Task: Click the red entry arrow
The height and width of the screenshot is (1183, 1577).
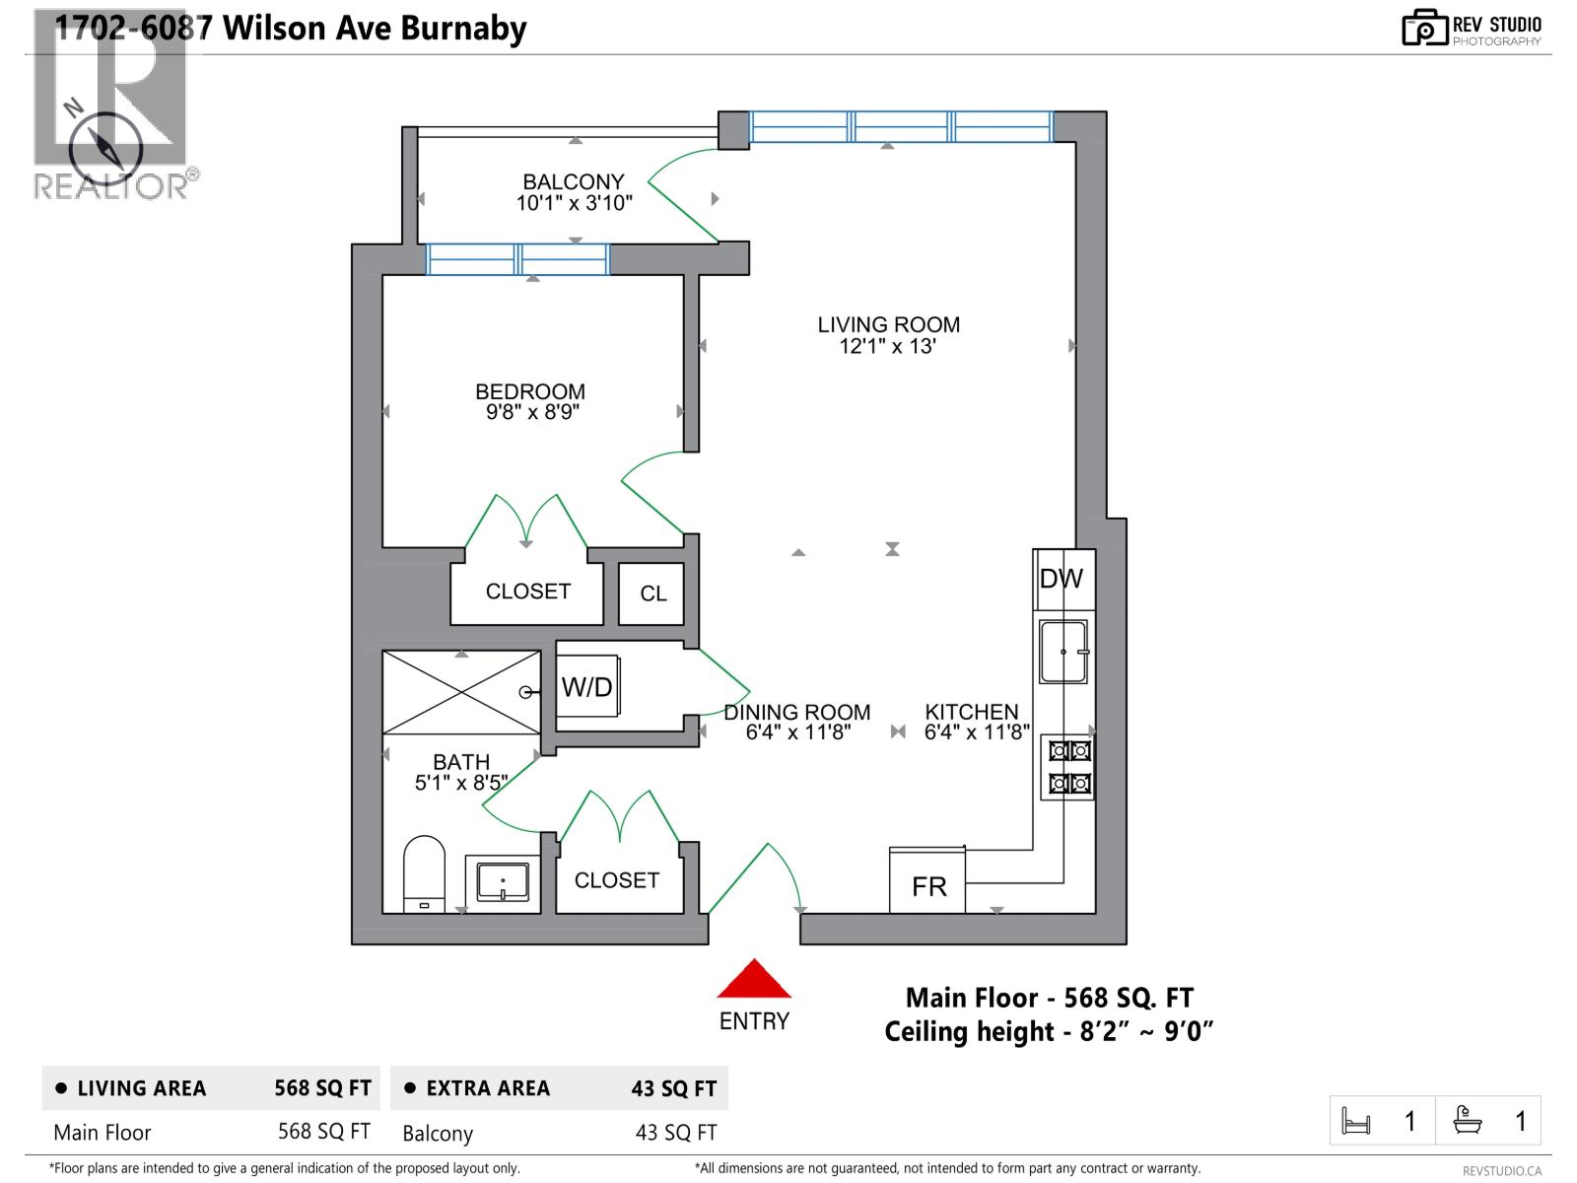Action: click(x=754, y=979)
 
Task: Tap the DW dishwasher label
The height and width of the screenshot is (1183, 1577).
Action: click(x=1062, y=580)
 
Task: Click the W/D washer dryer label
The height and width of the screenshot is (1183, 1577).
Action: click(x=587, y=687)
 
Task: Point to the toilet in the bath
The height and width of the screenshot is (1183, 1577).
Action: click(x=425, y=873)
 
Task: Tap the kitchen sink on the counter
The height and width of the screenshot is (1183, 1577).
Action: click(x=1063, y=652)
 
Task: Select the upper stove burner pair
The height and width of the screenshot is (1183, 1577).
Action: click(x=1069, y=751)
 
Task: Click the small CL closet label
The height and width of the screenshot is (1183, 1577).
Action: click(x=652, y=593)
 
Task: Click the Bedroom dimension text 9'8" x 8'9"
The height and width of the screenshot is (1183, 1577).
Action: click(x=532, y=413)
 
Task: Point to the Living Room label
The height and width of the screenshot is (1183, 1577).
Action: click(x=888, y=324)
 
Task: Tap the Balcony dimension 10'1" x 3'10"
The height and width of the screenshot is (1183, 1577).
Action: click(x=574, y=203)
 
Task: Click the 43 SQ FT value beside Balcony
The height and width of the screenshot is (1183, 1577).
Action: click(x=676, y=1133)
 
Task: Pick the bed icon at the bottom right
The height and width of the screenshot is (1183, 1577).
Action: click(x=1356, y=1121)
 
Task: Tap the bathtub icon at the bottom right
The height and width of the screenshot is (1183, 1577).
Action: click(x=1468, y=1120)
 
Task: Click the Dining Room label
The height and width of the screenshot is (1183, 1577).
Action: click(x=797, y=712)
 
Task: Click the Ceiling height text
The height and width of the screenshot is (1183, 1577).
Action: click(x=1048, y=1032)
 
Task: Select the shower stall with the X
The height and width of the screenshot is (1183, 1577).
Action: click(x=461, y=691)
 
